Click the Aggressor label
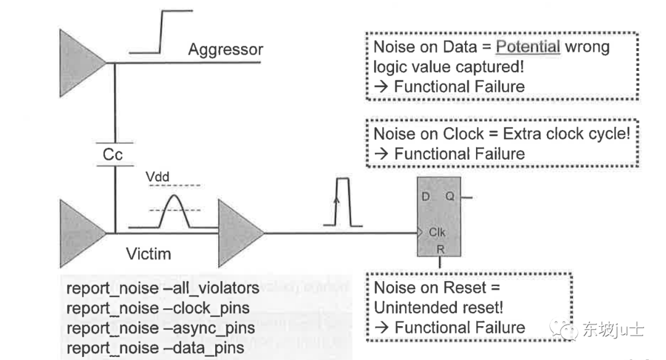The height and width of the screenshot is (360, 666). pos(225,49)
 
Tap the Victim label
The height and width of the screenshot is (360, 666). pos(148,253)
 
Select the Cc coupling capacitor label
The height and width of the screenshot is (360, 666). pos(113,155)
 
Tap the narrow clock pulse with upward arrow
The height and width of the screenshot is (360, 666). pos(337,203)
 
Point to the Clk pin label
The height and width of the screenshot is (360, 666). pos(437,233)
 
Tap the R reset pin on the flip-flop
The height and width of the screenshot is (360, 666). pos(440,250)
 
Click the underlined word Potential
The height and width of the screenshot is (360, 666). pos(528,47)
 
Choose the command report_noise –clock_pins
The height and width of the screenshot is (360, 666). pos(158,308)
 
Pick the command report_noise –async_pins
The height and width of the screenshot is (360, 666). pos(160,328)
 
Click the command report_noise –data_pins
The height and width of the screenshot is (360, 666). pos(155,348)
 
